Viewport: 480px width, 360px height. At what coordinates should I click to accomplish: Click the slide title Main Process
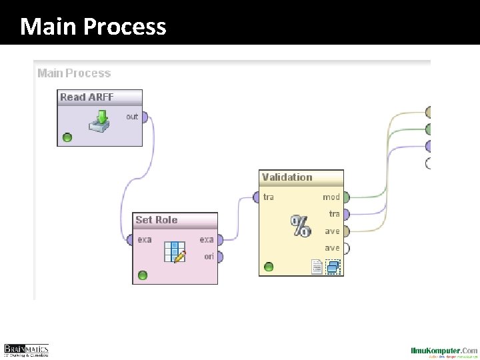[x=93, y=27]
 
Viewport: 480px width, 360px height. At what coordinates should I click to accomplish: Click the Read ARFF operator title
[x=87, y=97]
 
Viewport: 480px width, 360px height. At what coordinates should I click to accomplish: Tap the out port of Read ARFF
[x=144, y=117]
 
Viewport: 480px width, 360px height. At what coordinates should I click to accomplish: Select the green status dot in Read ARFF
[x=67, y=138]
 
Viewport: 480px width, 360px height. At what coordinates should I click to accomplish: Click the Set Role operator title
[x=156, y=220]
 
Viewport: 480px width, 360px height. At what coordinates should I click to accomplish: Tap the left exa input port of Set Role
[x=129, y=240]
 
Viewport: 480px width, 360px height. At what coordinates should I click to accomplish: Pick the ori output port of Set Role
[x=219, y=257]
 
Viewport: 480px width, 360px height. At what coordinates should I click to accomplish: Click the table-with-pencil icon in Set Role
[x=175, y=252]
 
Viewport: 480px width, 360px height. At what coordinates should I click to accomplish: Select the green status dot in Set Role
[x=142, y=275]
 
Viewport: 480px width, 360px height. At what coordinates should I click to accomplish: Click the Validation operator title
[x=287, y=177]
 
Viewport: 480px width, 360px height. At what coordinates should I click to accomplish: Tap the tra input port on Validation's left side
[x=257, y=197]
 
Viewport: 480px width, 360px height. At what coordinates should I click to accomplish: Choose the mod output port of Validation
[x=345, y=197]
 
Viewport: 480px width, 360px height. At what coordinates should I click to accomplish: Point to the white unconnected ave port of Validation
[x=345, y=249]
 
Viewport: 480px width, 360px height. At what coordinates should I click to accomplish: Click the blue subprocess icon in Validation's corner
[x=333, y=267]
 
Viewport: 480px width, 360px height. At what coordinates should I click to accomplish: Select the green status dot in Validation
[x=269, y=267]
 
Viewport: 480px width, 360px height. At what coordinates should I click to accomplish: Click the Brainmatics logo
[x=27, y=350]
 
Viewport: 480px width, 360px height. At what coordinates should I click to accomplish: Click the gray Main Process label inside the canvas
[x=74, y=73]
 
